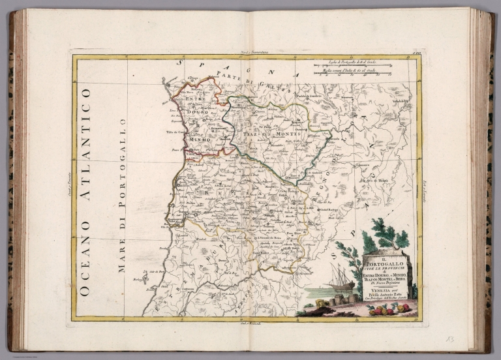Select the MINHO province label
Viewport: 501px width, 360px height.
coord(197,140)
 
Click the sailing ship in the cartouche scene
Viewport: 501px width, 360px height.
coord(342,277)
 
